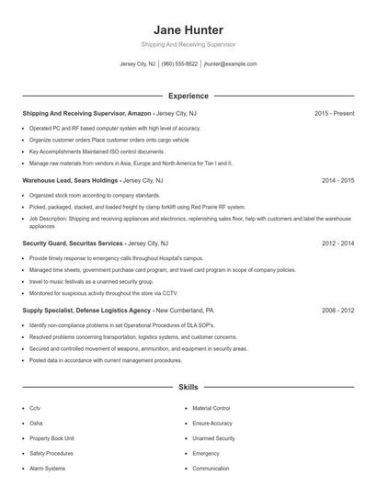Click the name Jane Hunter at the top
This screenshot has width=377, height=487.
[x=188, y=29]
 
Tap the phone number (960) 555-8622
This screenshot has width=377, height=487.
[x=180, y=64]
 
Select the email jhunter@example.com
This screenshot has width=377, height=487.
[x=230, y=64]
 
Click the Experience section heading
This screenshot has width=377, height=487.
[x=188, y=96]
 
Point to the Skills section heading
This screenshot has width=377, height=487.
[x=188, y=388]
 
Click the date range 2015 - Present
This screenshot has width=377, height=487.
[x=334, y=113]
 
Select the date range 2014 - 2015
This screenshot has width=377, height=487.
[x=337, y=181]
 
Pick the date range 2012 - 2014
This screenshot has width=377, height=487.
[x=337, y=243]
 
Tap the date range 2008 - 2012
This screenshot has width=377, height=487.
[x=337, y=311]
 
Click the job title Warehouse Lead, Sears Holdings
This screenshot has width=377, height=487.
[x=71, y=181]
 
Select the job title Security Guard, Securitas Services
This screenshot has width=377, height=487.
[x=73, y=243]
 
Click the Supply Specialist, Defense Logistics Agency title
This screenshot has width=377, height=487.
[x=86, y=311]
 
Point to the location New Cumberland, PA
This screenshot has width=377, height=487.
[x=185, y=311]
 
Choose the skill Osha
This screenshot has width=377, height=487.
[x=36, y=423]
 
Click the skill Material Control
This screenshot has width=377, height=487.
[x=211, y=408]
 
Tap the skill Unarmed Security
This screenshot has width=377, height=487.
[x=213, y=438]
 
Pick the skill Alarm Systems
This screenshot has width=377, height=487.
[x=47, y=469]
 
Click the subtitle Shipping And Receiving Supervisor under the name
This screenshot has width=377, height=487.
[x=188, y=44]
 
